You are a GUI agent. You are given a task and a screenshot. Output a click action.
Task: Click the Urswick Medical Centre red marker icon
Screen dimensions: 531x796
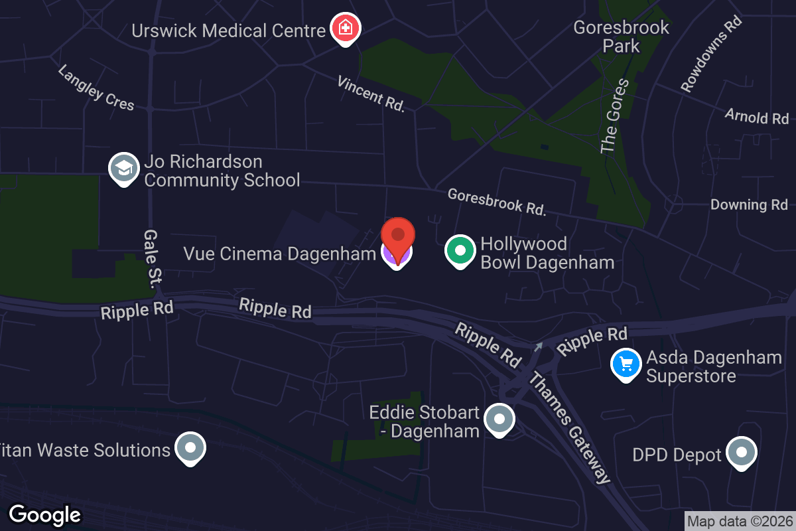[x=346, y=29]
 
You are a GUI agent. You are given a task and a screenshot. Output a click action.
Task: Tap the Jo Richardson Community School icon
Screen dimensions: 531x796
[x=123, y=169]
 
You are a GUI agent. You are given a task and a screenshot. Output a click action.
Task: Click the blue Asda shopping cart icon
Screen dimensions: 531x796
[x=626, y=364]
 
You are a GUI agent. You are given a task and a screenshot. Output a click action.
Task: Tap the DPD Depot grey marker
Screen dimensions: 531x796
[x=741, y=453]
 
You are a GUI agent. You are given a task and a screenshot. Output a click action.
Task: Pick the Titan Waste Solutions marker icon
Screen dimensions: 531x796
[x=190, y=448]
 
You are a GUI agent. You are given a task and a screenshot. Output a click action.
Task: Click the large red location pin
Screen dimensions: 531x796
[x=397, y=239]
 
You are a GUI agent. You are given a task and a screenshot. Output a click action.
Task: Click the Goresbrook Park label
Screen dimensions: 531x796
[x=621, y=37]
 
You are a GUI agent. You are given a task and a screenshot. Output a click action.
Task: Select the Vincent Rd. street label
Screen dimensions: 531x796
[x=371, y=94]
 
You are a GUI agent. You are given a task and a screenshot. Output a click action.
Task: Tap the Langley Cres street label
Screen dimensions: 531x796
[x=96, y=88]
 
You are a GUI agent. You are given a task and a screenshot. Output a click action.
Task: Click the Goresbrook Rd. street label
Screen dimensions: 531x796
[x=497, y=202]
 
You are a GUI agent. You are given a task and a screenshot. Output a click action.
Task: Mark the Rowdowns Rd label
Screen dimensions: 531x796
[x=710, y=54]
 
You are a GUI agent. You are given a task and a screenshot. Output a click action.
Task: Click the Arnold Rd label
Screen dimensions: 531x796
[x=756, y=116]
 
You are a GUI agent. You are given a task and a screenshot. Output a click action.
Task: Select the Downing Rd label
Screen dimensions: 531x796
[x=748, y=204]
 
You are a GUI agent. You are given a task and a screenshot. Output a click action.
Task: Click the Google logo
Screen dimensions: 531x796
[x=45, y=514]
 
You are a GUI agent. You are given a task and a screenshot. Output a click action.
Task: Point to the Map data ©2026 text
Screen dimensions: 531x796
[x=740, y=522]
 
